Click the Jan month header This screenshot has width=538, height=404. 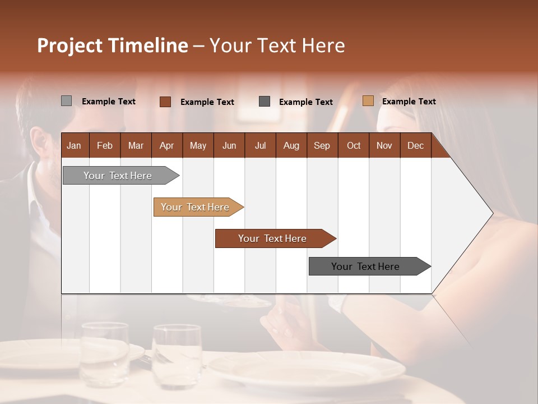tap(74, 145)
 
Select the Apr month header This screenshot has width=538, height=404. tap(166, 145)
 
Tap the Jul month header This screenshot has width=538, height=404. tap(260, 145)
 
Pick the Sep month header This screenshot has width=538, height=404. tap(322, 145)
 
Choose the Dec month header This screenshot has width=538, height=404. tap(415, 145)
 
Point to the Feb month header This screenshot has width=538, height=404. tap(105, 145)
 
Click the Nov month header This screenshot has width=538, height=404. tap(384, 145)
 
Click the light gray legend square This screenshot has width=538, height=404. tap(66, 101)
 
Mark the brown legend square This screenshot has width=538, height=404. tap(165, 102)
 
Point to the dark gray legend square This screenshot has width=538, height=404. tap(264, 102)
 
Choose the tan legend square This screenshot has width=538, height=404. tap(368, 101)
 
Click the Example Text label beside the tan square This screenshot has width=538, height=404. tap(409, 102)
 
